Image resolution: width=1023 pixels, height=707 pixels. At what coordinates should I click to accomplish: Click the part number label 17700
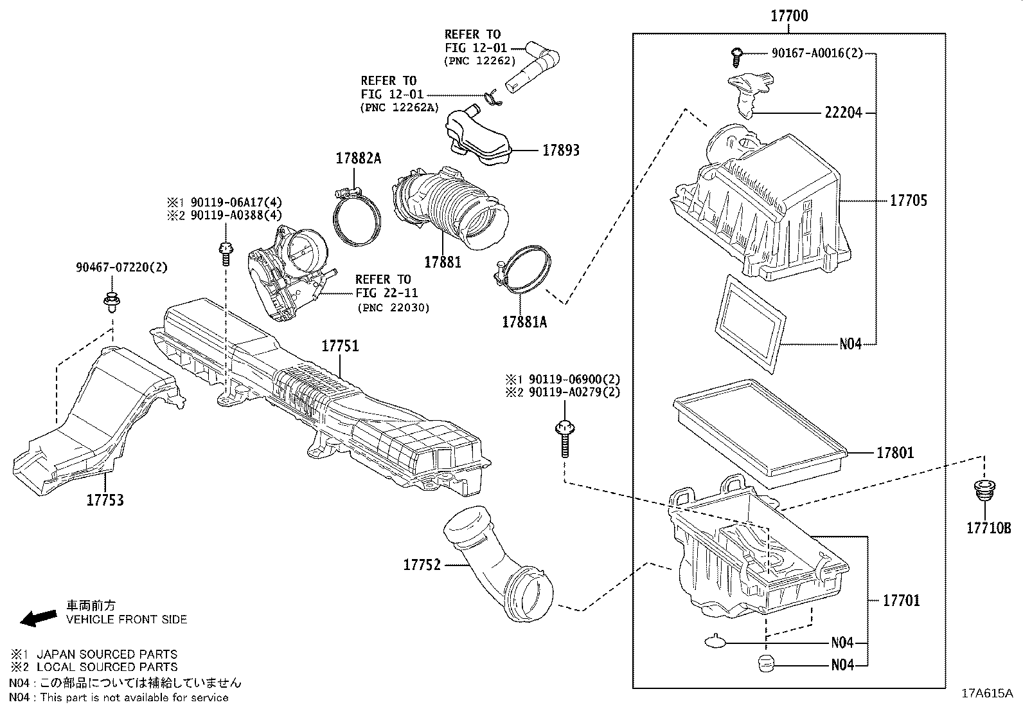coord(790,16)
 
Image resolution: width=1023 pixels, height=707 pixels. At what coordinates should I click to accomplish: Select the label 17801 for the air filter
coord(895,453)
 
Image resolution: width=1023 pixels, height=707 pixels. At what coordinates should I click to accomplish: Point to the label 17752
coord(422,565)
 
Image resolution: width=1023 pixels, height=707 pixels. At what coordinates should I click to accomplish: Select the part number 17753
coord(105,500)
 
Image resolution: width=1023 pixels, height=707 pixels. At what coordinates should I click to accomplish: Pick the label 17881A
coord(524,322)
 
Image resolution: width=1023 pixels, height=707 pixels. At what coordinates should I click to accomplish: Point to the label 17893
coord(561,151)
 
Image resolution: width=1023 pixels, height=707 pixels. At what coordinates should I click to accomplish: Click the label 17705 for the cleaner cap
coord(908,201)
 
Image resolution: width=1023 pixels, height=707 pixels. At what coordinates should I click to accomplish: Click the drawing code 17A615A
coord(986,693)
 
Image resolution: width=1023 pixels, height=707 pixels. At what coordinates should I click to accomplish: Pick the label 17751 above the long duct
coord(340,346)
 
